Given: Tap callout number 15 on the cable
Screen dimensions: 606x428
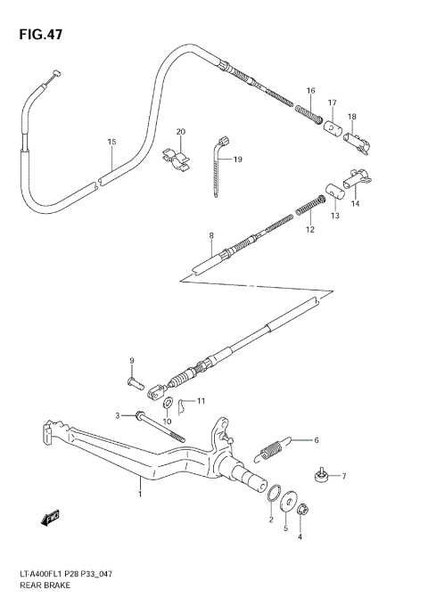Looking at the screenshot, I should coord(111,142).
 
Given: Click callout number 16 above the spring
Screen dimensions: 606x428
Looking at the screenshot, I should coord(310,91).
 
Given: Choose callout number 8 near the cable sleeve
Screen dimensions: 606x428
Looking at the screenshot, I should coord(211,236).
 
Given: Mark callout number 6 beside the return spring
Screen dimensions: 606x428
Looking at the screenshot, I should coord(315,439).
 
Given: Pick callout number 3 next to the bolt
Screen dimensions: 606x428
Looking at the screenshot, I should coord(117,415).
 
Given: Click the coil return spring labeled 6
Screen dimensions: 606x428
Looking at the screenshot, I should coord(275,447).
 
